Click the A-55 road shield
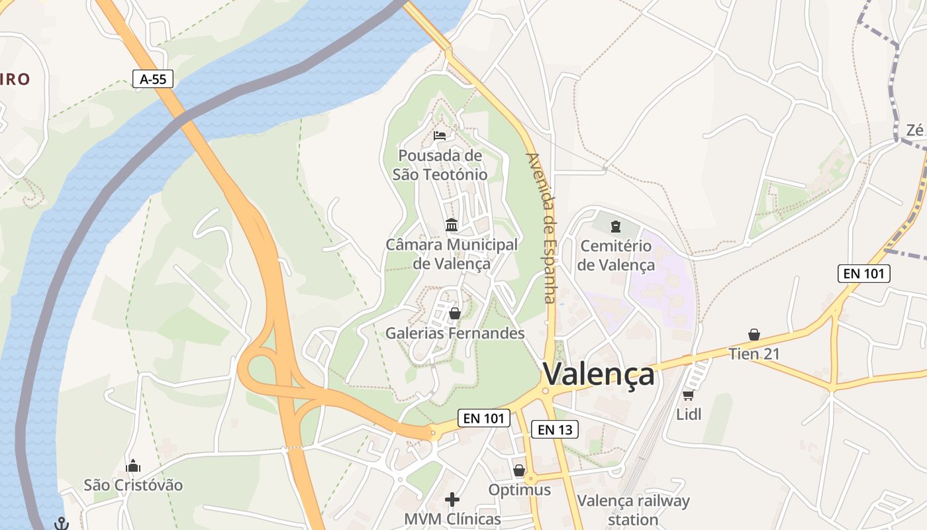(152, 79)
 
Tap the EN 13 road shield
(555, 429)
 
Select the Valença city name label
(599, 374)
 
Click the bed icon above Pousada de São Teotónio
(440, 136)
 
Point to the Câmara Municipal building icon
(452, 225)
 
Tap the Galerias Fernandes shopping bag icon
(455, 313)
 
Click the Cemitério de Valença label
(616, 255)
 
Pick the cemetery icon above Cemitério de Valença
(616, 227)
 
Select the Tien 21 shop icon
(754, 335)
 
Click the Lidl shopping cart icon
(688, 396)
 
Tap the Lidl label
(689, 415)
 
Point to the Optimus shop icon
(519, 470)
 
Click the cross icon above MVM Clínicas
(452, 499)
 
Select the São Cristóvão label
(133, 485)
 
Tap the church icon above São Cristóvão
(133, 466)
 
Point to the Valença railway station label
(633, 510)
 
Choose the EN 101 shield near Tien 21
(863, 273)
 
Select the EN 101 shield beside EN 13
(484, 418)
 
